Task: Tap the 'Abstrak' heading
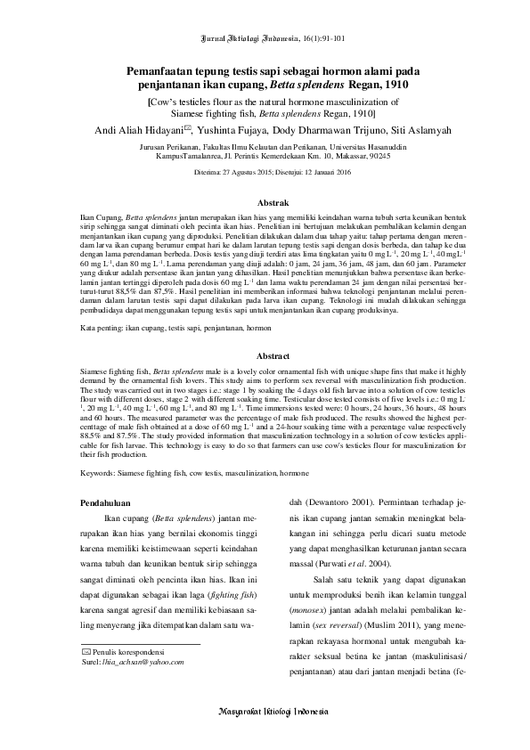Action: [265, 203]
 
